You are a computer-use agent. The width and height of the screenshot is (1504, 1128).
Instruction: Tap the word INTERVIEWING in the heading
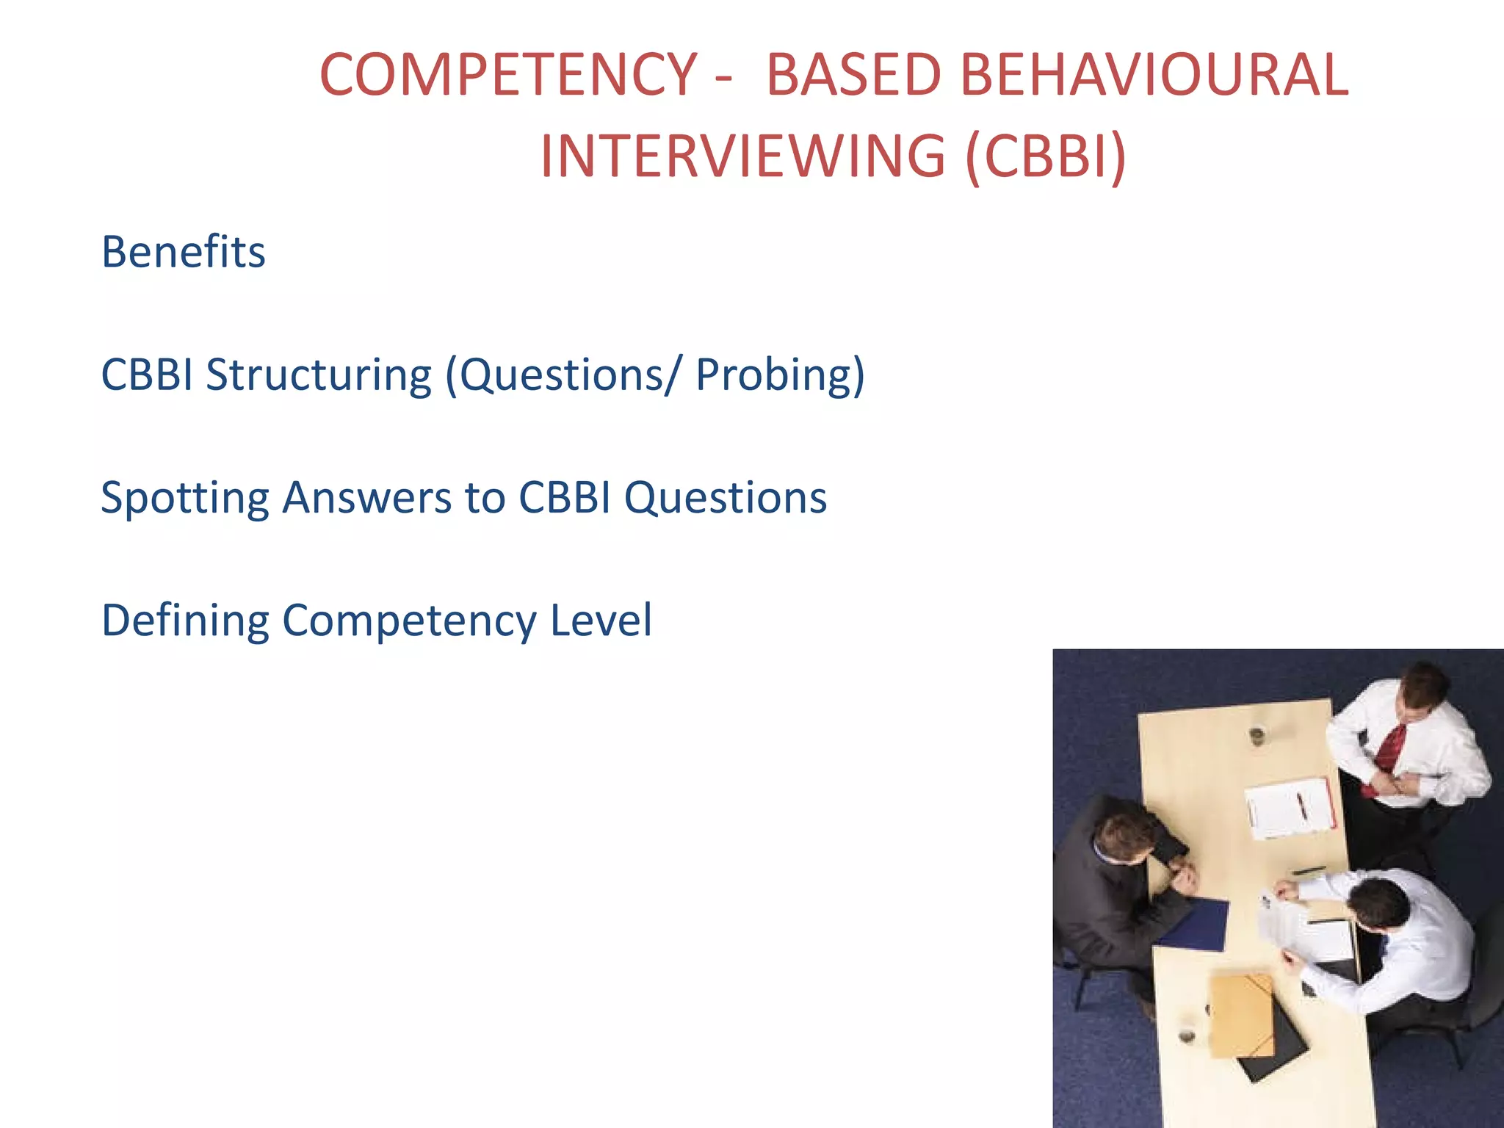click(742, 156)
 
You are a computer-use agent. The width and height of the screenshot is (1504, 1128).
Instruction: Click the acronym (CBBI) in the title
click(1046, 156)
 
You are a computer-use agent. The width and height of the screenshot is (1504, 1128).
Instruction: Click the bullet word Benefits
click(183, 252)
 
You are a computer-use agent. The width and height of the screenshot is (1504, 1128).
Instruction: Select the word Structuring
click(319, 375)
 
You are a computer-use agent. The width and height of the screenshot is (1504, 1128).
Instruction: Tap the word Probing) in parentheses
click(780, 375)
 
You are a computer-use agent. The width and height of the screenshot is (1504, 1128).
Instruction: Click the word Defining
click(185, 621)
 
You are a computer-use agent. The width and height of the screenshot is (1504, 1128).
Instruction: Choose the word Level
click(601, 621)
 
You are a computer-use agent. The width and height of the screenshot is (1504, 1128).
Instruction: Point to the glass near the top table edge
click(1257, 734)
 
